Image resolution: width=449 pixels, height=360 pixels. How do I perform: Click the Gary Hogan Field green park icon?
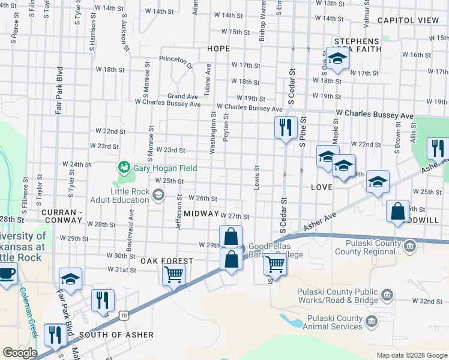124,166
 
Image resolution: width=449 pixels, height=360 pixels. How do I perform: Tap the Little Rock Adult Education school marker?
158,194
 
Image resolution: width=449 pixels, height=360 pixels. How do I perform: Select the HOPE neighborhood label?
218,48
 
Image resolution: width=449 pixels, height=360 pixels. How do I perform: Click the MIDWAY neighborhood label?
201,213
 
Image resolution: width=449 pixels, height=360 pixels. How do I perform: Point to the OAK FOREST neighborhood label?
167,261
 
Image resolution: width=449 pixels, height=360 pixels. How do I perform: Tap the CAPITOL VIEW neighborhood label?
408,20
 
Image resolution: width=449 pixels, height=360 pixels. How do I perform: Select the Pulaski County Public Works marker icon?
387,294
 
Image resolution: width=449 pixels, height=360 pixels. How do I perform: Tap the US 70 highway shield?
124,314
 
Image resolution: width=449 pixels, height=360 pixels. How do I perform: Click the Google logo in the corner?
20,352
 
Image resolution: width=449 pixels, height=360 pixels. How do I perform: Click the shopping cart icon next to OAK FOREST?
173,275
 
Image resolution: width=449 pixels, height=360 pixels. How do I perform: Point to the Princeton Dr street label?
176,59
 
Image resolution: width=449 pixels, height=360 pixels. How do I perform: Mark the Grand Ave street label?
182,96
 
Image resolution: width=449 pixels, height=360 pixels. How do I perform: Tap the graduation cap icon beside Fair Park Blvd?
70,279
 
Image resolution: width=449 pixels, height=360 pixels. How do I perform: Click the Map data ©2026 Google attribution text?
411,355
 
